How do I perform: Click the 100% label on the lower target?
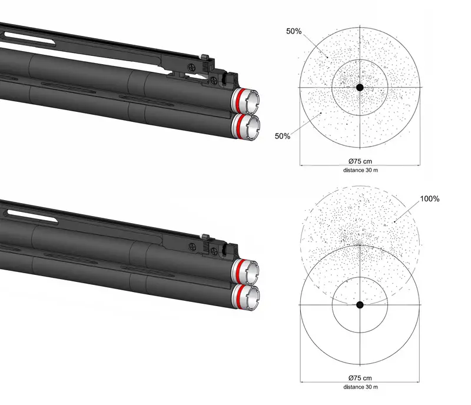tap(430, 198)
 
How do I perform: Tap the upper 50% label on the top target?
tap(294, 31)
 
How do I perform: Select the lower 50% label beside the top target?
tap(283, 136)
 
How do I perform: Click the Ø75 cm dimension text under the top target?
tap(360, 161)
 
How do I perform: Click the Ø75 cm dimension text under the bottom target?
tap(360, 378)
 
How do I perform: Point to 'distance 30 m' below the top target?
tap(360, 170)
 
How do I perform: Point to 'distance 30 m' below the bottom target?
tap(360, 387)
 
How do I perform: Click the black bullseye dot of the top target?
tap(360, 88)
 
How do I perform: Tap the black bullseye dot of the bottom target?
tap(360, 305)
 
